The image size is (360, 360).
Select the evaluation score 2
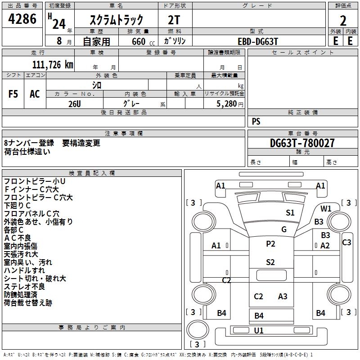point(343,20)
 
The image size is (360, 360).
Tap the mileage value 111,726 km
point(53,65)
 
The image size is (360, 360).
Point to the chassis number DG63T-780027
point(302,143)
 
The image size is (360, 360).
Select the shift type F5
point(13,94)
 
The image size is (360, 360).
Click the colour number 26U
point(74,103)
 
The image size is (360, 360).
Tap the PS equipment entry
point(256,121)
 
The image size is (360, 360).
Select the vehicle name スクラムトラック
point(117,20)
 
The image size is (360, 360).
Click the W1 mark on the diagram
point(326,208)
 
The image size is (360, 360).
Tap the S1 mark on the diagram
point(290,213)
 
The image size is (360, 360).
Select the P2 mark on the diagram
point(270,244)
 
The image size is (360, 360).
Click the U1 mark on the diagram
point(259,330)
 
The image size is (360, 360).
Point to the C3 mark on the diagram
point(346,243)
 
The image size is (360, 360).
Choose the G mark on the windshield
point(284,229)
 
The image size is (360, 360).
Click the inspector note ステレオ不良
point(24,287)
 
